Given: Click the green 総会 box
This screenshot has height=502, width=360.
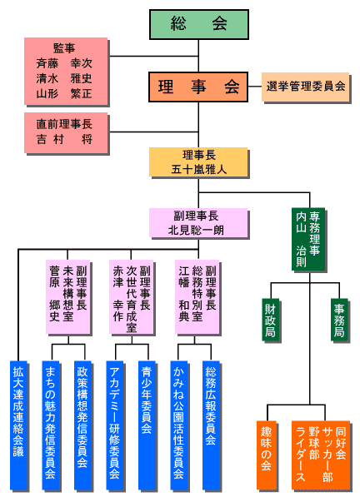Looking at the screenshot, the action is pos(199,24).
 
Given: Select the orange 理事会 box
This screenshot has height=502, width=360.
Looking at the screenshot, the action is pos(198,87).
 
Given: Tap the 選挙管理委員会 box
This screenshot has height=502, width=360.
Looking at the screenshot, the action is pos(305,87).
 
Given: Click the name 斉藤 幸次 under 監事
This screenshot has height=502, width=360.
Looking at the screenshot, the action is pos(64,63).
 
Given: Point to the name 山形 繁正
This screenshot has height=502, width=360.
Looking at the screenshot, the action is pos(64,93).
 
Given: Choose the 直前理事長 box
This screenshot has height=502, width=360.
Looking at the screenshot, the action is pos(66,132).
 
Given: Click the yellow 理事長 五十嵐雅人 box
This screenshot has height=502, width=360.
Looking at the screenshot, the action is pos(198,162).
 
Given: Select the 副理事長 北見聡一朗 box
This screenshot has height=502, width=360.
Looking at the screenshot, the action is pos(198,223).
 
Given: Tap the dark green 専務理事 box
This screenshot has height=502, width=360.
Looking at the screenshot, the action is pos(308,239).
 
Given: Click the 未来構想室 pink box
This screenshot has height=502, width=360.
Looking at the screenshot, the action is pos(67,296).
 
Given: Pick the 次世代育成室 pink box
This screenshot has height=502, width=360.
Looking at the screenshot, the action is pos(131,296).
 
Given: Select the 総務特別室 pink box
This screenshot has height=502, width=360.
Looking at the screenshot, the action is pos(197,296).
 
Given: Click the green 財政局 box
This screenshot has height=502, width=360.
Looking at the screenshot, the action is pos(270,320).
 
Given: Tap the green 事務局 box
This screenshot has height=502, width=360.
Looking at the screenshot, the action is pos(339,320).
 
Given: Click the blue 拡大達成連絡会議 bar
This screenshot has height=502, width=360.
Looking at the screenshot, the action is pos(18,425).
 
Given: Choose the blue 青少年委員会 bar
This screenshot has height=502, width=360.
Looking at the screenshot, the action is pos(147,425).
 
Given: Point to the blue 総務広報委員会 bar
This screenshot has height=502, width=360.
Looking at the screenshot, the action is pos(211,425).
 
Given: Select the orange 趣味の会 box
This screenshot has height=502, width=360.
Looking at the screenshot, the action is pos(267,455).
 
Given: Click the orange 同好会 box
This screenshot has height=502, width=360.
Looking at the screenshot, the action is pos(321,455).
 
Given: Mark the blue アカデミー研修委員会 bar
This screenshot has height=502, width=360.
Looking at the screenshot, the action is pos(114,425).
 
